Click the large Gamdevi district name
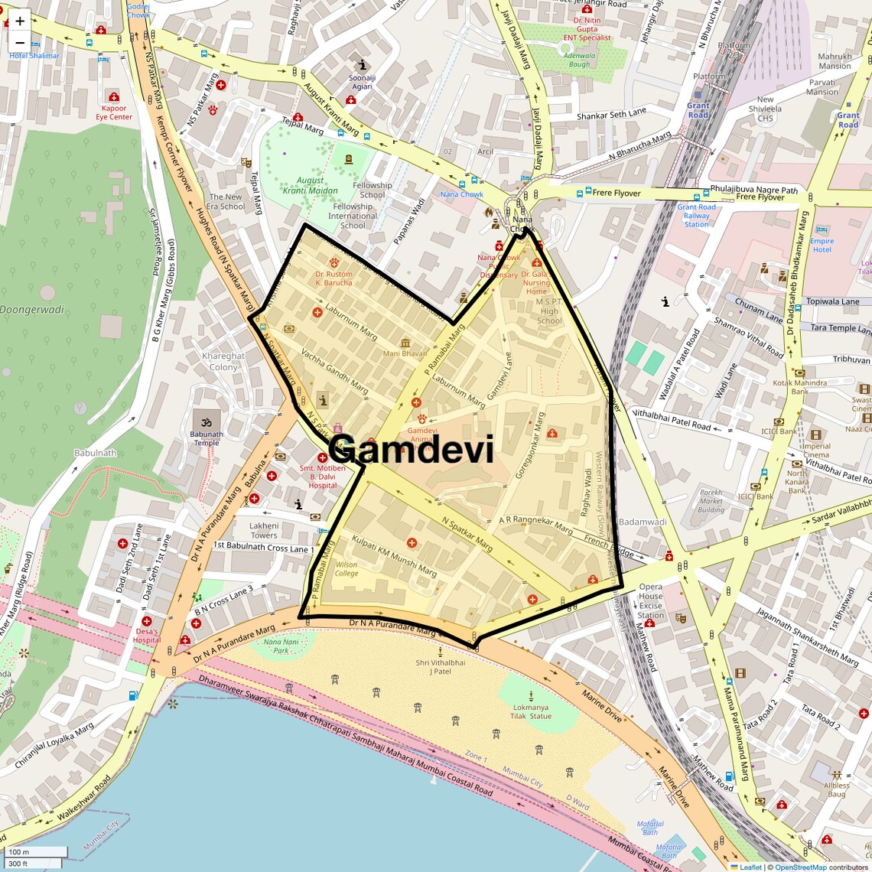412,449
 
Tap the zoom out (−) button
20,43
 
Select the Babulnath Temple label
207,438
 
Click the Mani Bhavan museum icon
405,342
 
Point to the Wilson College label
346,569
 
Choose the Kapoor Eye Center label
114,112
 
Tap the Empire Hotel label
822,245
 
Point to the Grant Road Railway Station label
696,215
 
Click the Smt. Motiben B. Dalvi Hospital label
322,477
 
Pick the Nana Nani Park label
281,646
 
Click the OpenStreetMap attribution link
800,867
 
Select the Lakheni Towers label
264,530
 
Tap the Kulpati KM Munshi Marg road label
394,556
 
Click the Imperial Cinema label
815,451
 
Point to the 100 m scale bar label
18,851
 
